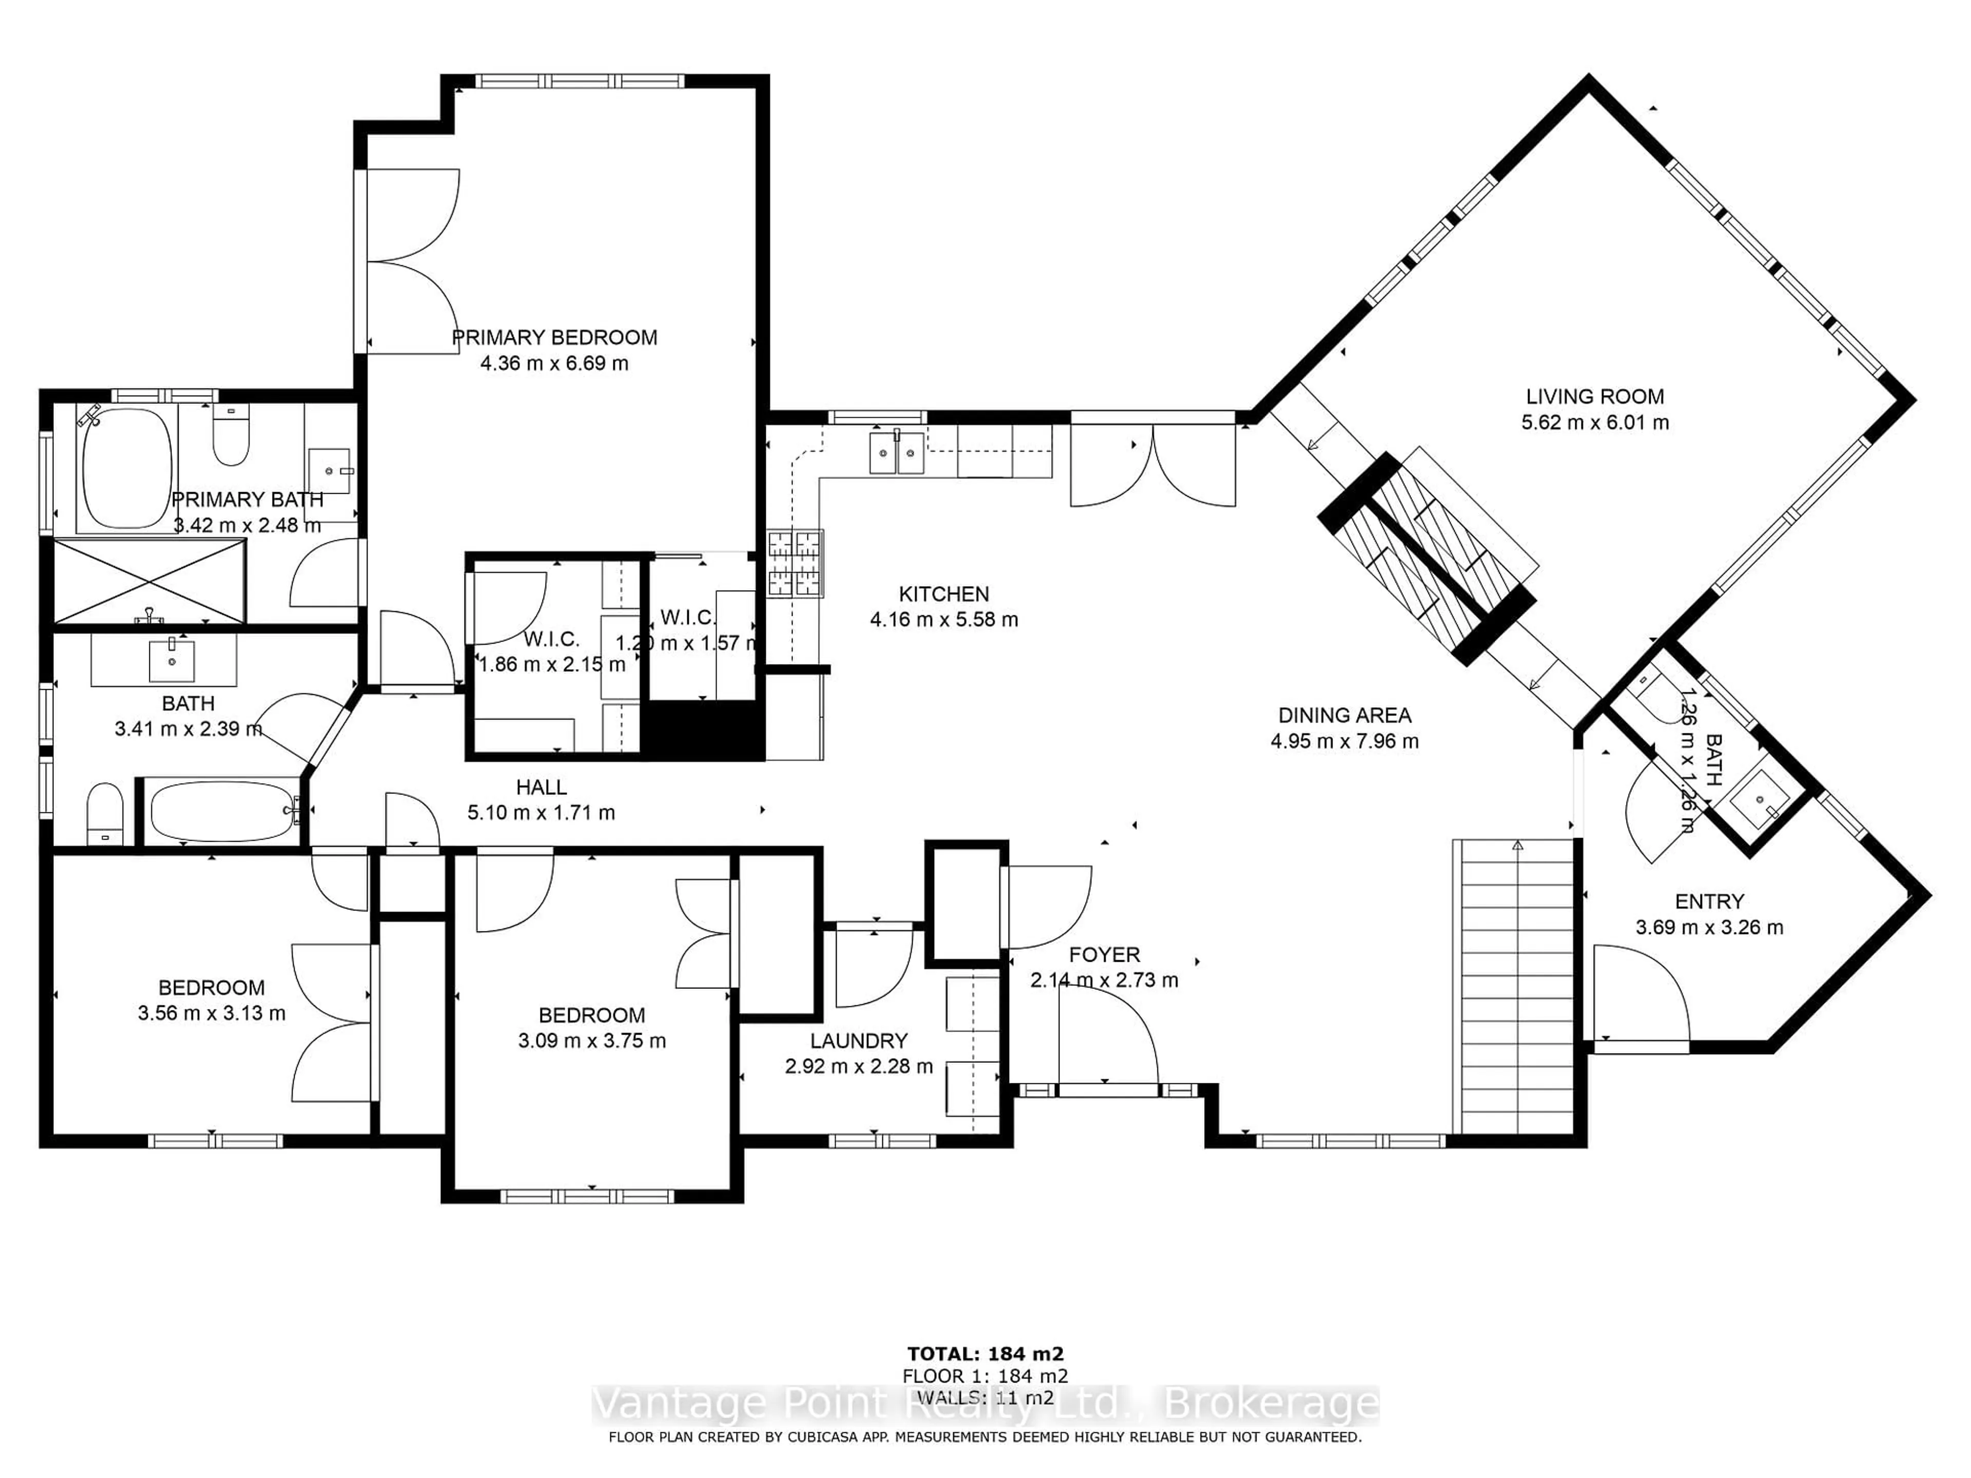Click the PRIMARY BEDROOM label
(x=554, y=338)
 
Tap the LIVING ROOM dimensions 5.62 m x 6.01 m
(x=1594, y=422)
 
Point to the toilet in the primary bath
(x=231, y=437)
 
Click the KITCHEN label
(x=943, y=594)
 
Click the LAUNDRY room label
(x=858, y=1041)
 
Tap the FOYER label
(x=1104, y=955)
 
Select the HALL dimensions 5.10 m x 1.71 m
(x=541, y=812)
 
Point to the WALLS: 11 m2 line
(x=985, y=1398)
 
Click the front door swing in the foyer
(x=1109, y=1038)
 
